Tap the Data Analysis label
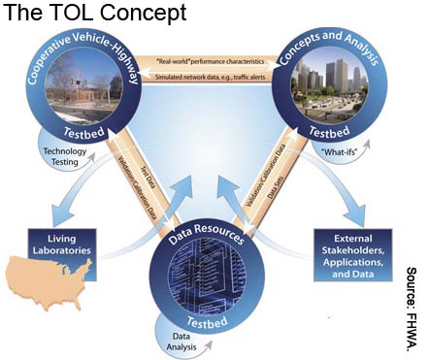tap(181, 339)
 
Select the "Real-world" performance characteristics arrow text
tap(212, 60)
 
